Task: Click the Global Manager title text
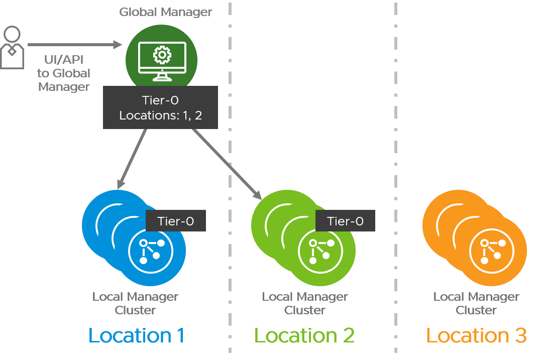(x=165, y=12)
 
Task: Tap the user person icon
(x=12, y=48)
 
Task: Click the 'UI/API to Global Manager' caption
(x=64, y=73)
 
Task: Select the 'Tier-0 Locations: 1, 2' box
(x=161, y=107)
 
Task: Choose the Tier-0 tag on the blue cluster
(x=175, y=221)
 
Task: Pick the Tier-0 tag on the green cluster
(x=345, y=221)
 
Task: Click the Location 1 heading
(x=136, y=335)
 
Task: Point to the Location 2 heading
(x=304, y=335)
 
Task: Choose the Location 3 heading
(x=476, y=335)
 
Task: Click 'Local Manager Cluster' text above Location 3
(x=476, y=303)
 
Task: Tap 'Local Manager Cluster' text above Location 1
(x=135, y=303)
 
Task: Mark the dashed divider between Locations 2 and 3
(x=397, y=181)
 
